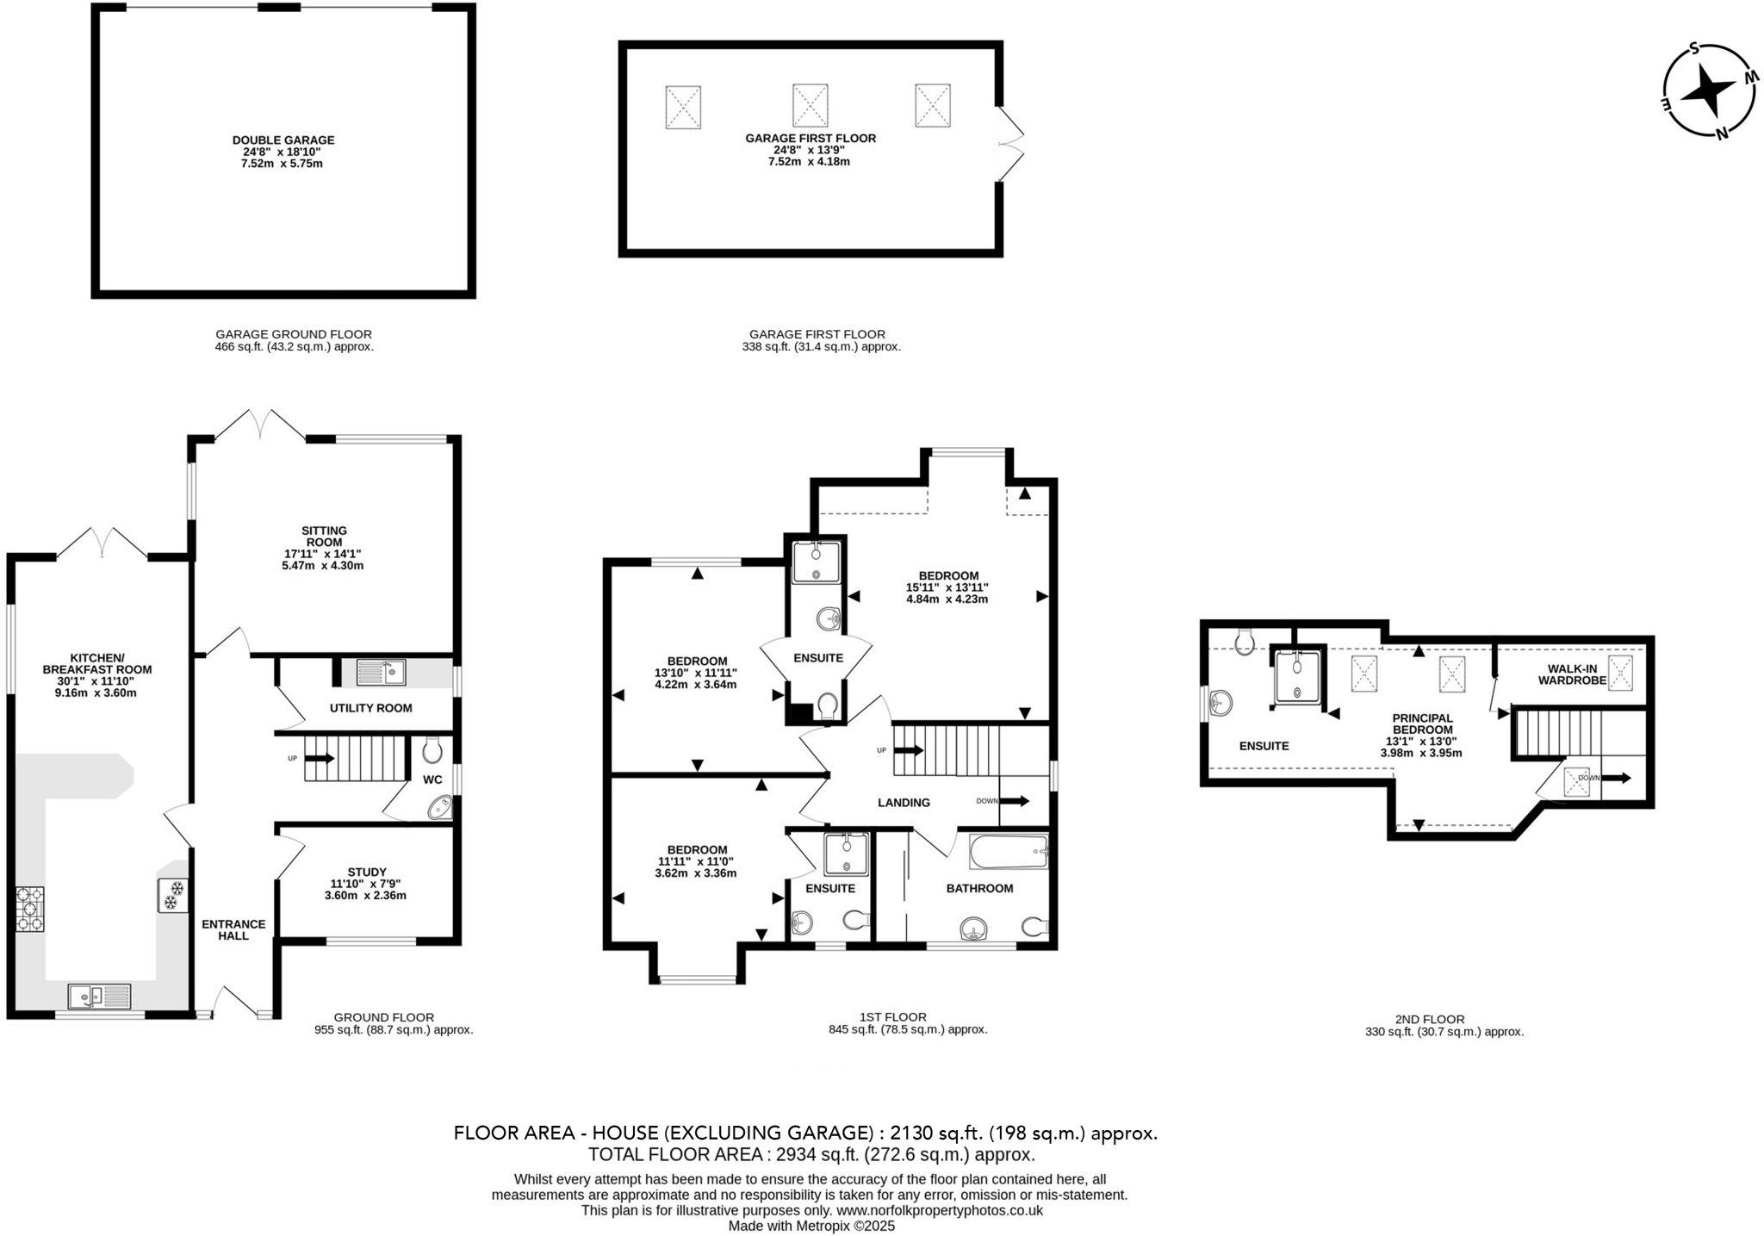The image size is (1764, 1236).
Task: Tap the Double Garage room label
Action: coord(283,140)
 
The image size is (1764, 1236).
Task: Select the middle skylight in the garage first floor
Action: coord(810,105)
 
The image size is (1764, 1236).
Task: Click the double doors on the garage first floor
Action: coord(1010,145)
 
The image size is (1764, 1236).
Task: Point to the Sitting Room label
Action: coord(324,536)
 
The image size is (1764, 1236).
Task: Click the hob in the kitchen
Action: coord(30,909)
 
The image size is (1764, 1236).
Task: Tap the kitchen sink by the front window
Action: coord(99,996)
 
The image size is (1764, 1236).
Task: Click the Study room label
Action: coord(367,872)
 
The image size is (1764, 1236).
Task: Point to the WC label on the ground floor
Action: coord(432,779)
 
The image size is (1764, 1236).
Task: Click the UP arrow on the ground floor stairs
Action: coord(319,759)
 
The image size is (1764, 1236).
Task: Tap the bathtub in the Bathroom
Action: coord(1008,853)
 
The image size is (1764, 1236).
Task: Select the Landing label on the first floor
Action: coord(904,803)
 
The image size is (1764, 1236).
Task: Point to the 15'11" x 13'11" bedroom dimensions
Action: coord(947,587)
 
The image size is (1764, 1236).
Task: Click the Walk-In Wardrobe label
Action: coord(1577,674)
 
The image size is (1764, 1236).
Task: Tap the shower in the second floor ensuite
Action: coord(1296,676)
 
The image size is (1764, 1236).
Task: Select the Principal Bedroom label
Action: coord(1423,724)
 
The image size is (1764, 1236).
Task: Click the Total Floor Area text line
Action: coord(811,1154)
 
